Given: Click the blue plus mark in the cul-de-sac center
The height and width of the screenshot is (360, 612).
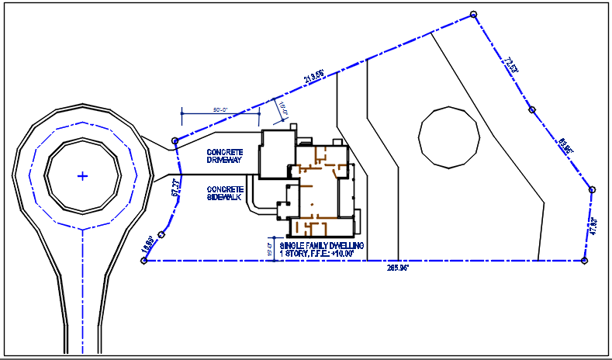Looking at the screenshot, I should (83, 176).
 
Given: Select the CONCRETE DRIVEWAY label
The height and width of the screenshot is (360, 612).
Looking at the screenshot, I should (225, 155).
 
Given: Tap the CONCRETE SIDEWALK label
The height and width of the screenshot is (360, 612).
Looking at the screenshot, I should (225, 193).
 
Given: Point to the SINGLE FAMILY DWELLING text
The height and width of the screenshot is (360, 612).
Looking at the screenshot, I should (316, 245).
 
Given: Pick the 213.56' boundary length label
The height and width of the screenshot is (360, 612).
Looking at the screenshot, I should (314, 77).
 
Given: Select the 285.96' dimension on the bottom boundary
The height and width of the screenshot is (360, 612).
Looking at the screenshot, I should (398, 268).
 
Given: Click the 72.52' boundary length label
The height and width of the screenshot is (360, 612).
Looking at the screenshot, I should (510, 64).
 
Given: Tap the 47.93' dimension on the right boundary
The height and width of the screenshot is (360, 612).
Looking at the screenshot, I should (594, 227).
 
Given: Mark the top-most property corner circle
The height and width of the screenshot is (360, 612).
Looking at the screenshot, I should (473, 15).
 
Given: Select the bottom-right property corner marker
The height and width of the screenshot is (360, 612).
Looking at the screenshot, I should (584, 261).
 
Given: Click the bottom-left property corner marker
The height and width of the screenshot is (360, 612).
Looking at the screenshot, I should (144, 261).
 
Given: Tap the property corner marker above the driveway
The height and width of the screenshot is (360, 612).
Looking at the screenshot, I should (175, 140).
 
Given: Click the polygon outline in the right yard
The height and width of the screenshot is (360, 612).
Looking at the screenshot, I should (449, 137).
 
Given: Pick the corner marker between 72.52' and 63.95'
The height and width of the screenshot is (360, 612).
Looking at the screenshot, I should (531, 110).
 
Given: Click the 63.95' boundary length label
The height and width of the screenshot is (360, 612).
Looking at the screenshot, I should (565, 145).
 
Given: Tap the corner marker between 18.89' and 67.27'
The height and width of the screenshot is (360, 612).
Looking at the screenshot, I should (161, 234).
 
